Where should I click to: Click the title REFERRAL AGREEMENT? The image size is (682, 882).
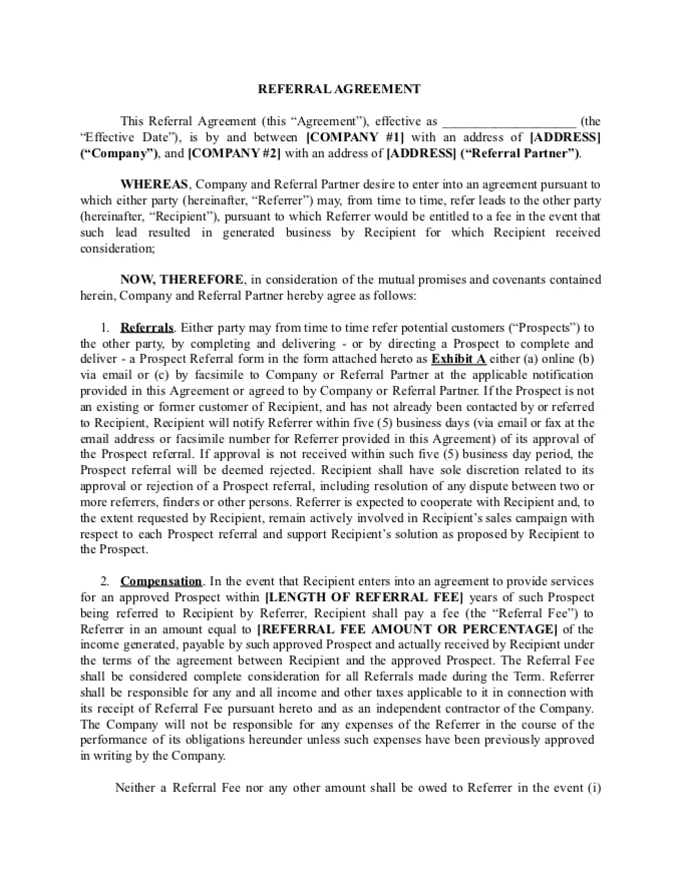pos(339,89)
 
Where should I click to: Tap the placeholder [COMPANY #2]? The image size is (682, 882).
pos(234,153)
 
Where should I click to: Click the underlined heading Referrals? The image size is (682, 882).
pos(146,328)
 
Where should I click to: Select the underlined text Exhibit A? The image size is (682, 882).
pos(458,359)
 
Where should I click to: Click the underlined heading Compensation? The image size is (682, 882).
pos(161,582)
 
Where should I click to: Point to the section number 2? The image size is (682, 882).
pos(104,582)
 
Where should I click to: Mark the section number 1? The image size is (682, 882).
pos(104,328)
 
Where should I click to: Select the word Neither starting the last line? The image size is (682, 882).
pos(134,788)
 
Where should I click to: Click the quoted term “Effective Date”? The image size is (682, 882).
pos(128,137)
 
